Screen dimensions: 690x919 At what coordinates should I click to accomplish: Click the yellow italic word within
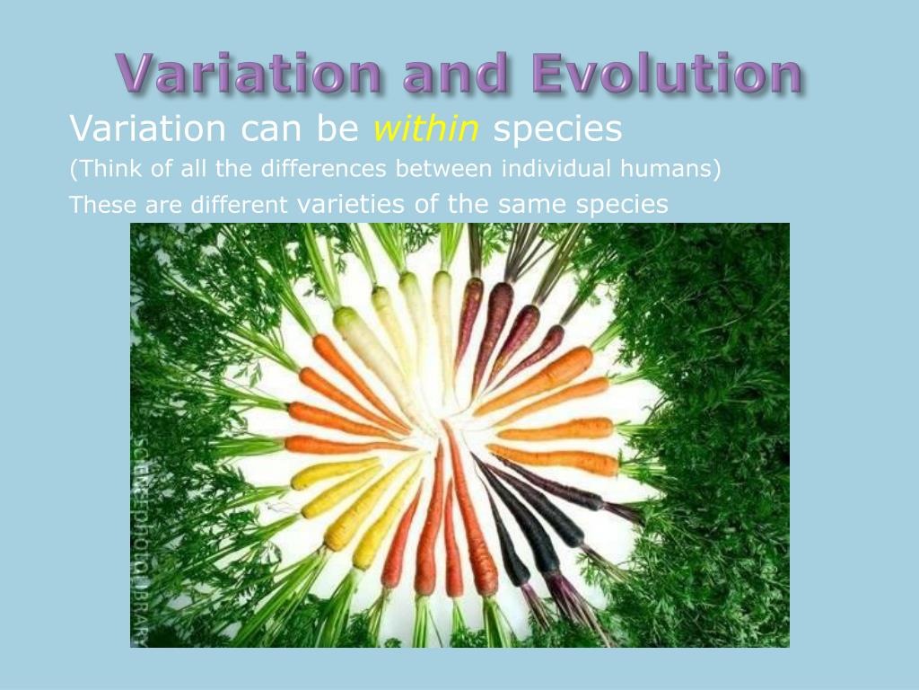click(426, 129)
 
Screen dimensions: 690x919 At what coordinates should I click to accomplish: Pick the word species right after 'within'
click(557, 129)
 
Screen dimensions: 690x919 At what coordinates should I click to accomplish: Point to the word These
click(102, 205)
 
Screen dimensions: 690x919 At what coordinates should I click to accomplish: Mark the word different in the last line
click(239, 205)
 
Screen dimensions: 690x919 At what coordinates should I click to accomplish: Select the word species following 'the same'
click(622, 204)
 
